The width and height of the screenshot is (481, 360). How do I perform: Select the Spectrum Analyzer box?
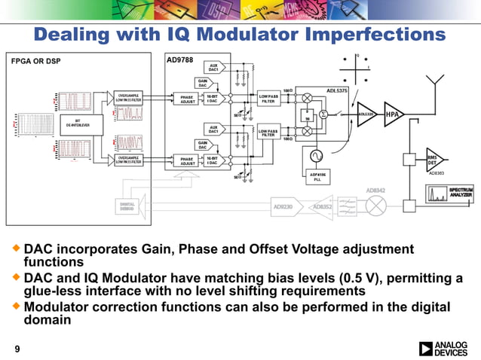(455, 194)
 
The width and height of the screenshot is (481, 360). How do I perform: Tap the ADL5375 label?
(337, 90)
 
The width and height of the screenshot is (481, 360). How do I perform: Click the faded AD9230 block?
(283, 205)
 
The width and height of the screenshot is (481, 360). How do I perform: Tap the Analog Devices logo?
(446, 348)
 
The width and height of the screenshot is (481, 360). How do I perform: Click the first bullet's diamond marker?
(16, 248)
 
